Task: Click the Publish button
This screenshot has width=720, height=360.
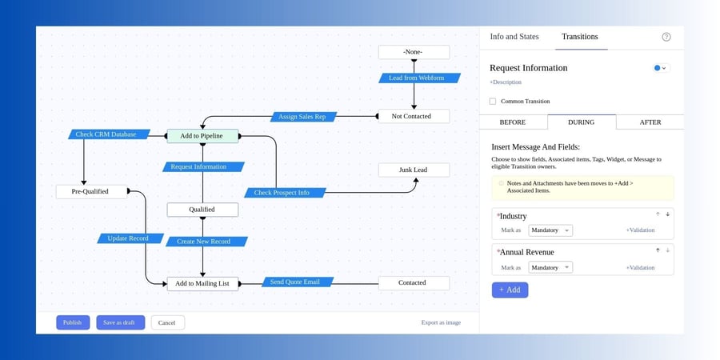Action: [x=72, y=322]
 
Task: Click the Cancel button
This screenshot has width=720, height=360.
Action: [x=167, y=322]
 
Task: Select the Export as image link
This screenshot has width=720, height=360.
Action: [x=441, y=322]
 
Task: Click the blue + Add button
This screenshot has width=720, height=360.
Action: [x=510, y=290]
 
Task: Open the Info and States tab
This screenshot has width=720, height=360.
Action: [x=514, y=37]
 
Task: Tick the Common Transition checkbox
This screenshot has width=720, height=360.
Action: [x=493, y=102]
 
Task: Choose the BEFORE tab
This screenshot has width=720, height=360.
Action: [x=512, y=122]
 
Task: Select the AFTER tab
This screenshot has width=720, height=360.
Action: [x=650, y=122]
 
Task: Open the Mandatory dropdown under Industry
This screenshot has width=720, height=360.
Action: [x=550, y=230]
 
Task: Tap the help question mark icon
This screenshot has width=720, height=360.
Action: [x=666, y=37]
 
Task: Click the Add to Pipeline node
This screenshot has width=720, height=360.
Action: [x=202, y=136]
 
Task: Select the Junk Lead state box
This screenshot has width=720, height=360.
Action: [x=414, y=170]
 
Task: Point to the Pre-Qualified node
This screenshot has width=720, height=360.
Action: [x=91, y=191]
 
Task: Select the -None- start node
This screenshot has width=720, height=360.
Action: [x=414, y=52]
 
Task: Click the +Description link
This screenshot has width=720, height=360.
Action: [x=505, y=82]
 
